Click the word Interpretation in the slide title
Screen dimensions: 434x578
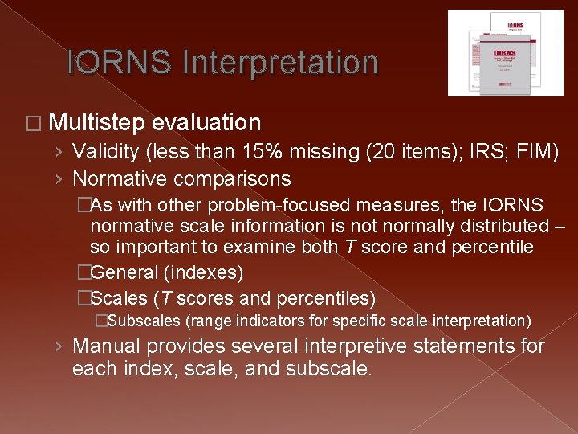point(281,62)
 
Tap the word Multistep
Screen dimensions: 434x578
point(96,123)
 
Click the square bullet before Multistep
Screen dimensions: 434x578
point(34,124)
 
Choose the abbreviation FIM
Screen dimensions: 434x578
point(534,152)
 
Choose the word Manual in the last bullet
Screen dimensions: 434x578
point(106,347)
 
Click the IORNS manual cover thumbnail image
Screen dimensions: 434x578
point(505,53)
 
